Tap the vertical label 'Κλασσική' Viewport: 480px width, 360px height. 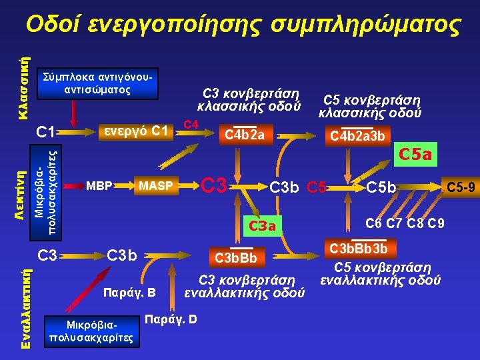22,90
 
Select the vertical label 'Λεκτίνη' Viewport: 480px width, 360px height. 22,193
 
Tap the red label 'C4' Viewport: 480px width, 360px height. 191,124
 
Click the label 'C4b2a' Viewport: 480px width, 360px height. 245,136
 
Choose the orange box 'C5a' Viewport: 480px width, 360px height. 415,155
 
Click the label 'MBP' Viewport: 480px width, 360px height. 98,185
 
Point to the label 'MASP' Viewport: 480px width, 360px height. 155,185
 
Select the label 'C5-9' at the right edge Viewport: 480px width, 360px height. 460,188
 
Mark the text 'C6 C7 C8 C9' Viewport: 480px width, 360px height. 405,222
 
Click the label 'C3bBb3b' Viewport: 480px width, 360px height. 369,249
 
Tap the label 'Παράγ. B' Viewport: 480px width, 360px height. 128,292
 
